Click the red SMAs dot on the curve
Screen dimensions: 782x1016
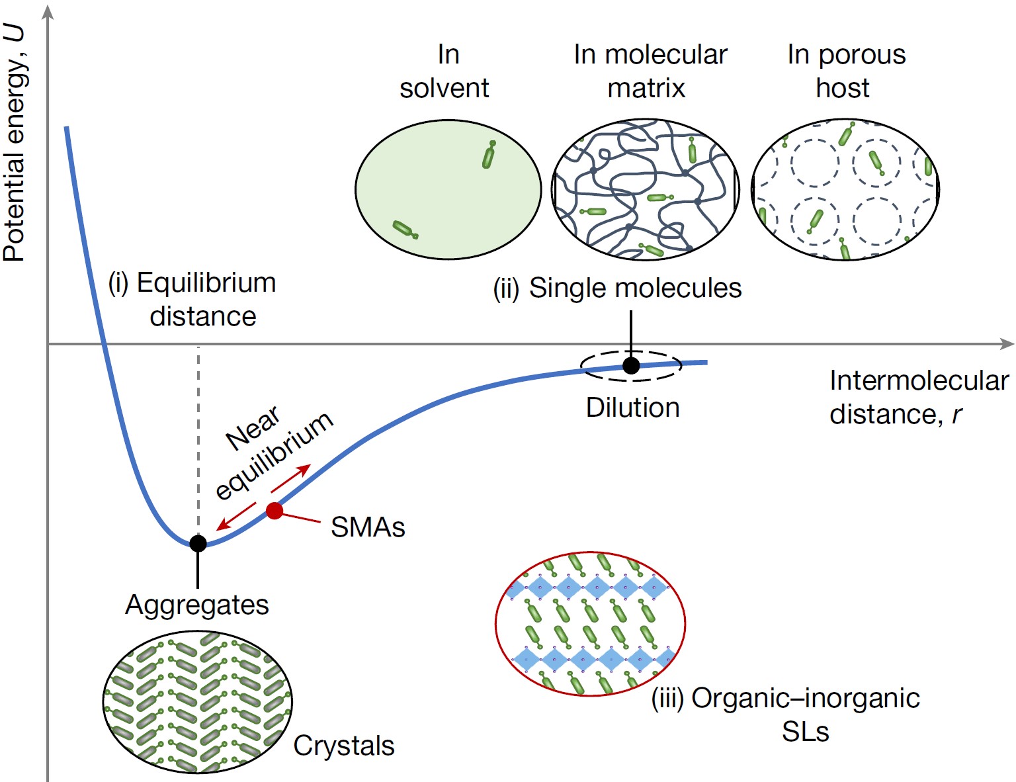(275, 510)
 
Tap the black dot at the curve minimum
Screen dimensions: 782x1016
(198, 543)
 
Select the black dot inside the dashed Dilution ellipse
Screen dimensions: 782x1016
(631, 365)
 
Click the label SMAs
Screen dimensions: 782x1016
(368, 527)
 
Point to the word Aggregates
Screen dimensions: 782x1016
(197, 605)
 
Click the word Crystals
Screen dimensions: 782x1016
(344, 746)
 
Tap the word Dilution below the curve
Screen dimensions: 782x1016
(633, 408)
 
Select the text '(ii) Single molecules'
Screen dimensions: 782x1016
(617, 288)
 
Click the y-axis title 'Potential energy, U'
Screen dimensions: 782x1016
(15, 142)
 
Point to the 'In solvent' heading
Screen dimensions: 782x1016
(445, 71)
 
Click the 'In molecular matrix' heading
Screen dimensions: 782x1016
(650, 71)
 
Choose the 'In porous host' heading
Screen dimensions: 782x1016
(845, 71)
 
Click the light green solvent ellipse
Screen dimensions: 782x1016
(448, 190)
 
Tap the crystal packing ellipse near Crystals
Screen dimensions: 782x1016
(197, 702)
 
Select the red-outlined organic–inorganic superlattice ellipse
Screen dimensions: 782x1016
(590, 624)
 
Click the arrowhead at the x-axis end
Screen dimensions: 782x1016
(1007, 344)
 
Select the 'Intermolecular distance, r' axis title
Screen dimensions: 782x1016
(918, 397)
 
